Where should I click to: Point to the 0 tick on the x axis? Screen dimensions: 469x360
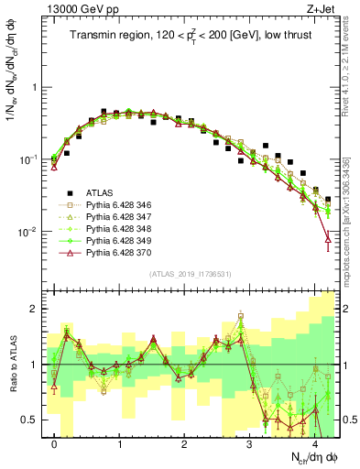coord(55,443)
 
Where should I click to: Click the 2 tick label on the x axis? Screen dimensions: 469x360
coord(185,443)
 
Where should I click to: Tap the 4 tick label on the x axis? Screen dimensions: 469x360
coord(314,443)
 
